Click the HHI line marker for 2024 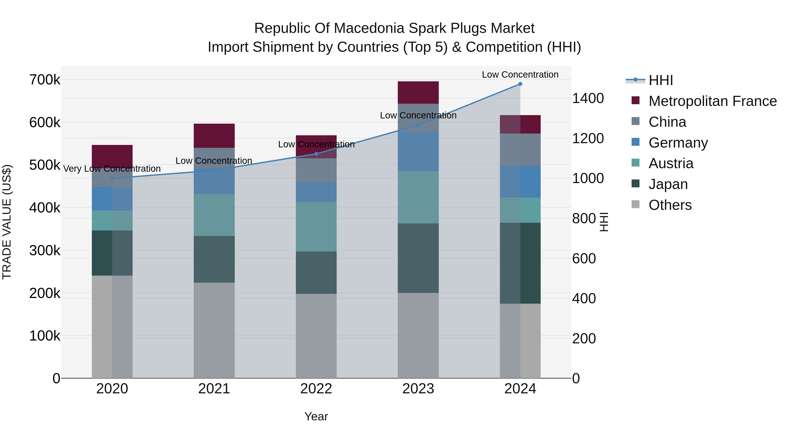point(520,84)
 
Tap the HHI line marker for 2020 point(112,178)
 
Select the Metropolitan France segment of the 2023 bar point(418,93)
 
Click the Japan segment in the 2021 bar point(214,259)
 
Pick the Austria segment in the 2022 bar point(316,227)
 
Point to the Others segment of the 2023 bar point(418,335)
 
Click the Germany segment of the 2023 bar point(418,151)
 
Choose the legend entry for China point(667,122)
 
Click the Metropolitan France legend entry point(713,101)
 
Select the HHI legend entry point(660,80)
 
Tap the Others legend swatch point(636,204)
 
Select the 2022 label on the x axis point(316,389)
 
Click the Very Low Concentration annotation point(112,169)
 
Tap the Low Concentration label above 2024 point(520,75)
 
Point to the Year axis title point(316,416)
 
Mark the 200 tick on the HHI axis point(584,339)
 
